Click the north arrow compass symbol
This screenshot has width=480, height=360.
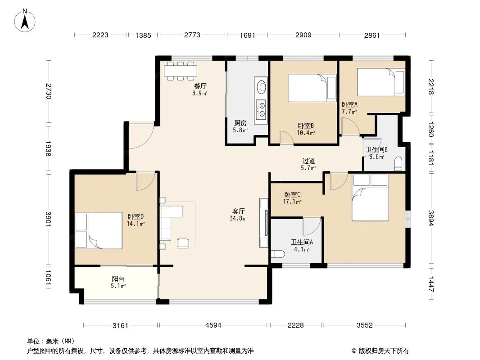pos(25,21)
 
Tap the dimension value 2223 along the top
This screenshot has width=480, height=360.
pos(100,35)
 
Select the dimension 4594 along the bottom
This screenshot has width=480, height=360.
pos(213,325)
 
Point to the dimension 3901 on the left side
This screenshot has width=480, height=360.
pos(48,219)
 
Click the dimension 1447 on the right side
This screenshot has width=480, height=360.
pos(431,284)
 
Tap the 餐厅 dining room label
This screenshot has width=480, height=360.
pos(199,86)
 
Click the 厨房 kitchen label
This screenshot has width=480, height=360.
pos(240,123)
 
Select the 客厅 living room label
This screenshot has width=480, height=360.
pos(238,211)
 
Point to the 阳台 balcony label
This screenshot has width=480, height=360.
pos(118,279)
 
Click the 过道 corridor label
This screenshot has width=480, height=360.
pos(308,161)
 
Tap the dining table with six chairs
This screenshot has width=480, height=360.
pos(181,71)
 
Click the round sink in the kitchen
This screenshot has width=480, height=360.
pos(262,86)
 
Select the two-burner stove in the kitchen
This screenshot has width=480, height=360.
pos(262,109)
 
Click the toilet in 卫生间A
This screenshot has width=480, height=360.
pos(278,254)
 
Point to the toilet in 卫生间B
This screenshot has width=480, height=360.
pos(398,163)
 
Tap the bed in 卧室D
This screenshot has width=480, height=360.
pos(99,230)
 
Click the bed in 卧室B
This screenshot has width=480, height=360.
pos(312,88)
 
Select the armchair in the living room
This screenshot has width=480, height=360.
pos(183,243)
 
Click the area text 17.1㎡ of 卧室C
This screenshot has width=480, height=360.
pos(292,202)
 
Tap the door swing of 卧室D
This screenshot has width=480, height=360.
pos(146,181)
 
